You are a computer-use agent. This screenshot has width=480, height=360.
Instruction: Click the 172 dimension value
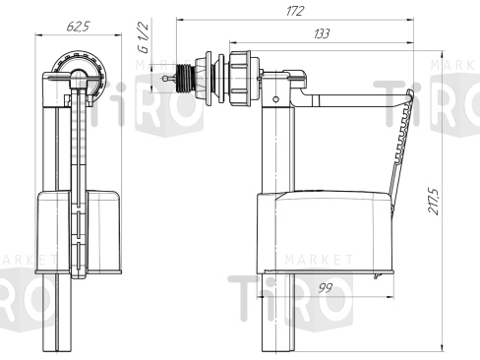pyautogui.click(x=295, y=12)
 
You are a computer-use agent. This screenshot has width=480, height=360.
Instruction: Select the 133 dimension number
pyautogui.click(x=322, y=33)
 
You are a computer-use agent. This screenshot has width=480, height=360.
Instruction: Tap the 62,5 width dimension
pyautogui.click(x=78, y=27)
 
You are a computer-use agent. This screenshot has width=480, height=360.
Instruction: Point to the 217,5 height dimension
pyautogui.click(x=434, y=201)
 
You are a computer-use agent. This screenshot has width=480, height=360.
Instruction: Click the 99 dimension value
pyautogui.click(x=326, y=288)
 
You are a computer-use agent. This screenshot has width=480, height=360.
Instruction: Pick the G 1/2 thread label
pyautogui.click(x=144, y=37)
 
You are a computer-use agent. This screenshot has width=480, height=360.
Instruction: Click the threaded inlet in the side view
pyautogui.click(x=184, y=78)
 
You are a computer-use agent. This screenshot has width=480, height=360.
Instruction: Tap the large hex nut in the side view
pyautogui.click(x=240, y=78)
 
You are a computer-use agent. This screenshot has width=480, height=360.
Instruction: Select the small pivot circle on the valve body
pyautogui.click(x=276, y=98)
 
